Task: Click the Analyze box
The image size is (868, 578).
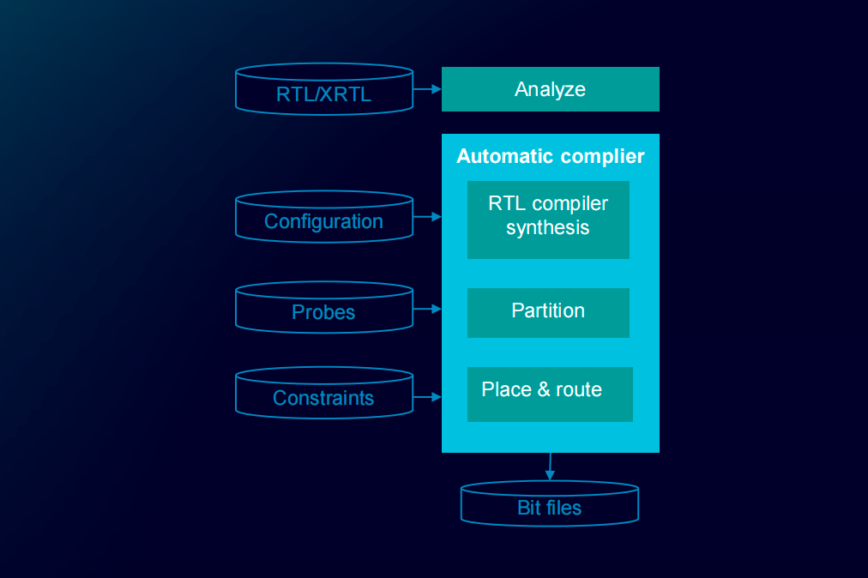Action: (x=550, y=89)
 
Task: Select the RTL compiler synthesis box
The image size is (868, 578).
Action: (x=548, y=219)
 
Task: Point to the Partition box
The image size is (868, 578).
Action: (x=548, y=312)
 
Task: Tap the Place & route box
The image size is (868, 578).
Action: (x=550, y=394)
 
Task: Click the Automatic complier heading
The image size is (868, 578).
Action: (x=550, y=156)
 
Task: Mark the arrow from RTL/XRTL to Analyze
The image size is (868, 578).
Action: (x=426, y=88)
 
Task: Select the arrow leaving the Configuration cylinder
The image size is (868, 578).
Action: (x=426, y=217)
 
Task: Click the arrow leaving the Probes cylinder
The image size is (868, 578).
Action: (x=426, y=308)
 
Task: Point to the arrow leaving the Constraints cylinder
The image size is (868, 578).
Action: (x=426, y=396)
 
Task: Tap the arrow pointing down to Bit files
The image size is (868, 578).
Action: (x=549, y=467)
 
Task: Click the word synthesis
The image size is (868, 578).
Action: (x=547, y=228)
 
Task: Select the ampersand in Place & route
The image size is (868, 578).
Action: (x=544, y=389)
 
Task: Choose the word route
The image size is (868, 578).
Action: (x=579, y=389)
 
